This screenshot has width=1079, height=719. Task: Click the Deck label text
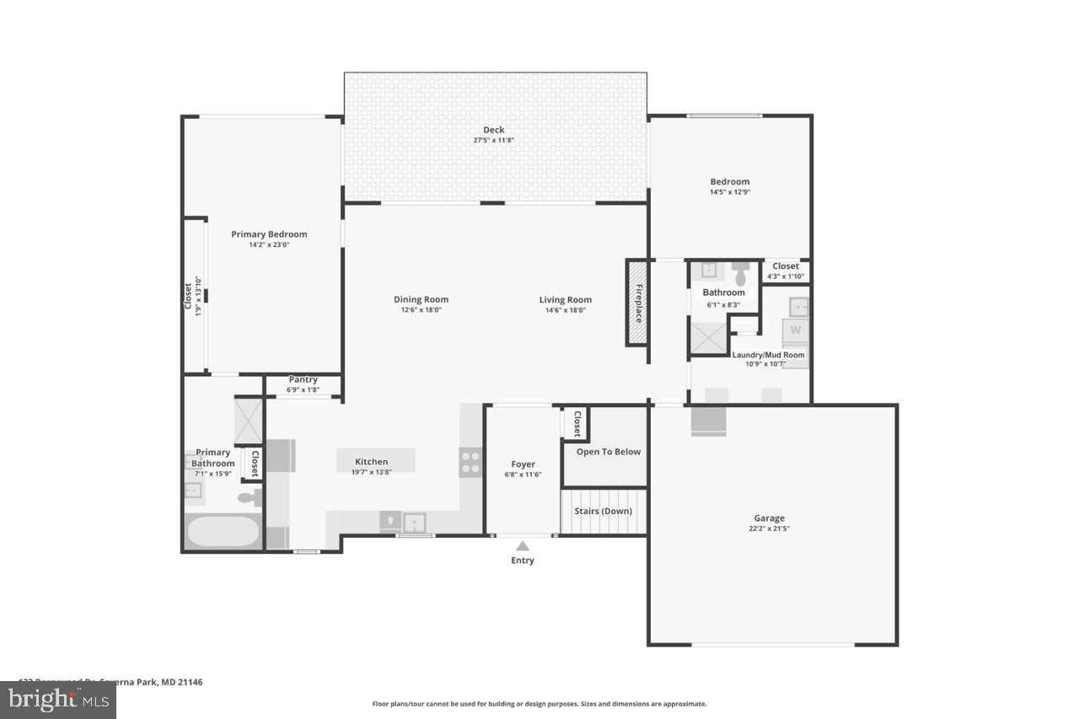494,130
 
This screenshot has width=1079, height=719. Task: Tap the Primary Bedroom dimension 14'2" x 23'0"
269,245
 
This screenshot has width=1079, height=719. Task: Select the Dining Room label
421,299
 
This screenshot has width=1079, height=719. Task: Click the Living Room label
566,299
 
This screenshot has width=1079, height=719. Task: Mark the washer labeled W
795,330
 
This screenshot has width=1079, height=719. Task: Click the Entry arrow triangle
523,546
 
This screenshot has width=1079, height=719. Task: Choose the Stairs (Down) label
604,511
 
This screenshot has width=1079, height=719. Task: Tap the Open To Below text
608,452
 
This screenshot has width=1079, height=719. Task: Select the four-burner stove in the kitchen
470,462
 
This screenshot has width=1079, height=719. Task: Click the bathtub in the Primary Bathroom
223,532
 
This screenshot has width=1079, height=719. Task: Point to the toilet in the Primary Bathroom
250,498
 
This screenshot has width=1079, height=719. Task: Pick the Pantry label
303,379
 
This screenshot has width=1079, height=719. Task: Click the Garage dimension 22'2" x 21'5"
769,529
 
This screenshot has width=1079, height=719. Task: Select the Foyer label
523,464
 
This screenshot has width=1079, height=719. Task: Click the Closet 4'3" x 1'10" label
786,266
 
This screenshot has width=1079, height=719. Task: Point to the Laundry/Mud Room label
768,355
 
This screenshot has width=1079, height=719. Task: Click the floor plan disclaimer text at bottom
539,704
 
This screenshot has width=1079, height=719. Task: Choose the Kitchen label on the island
371,461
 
